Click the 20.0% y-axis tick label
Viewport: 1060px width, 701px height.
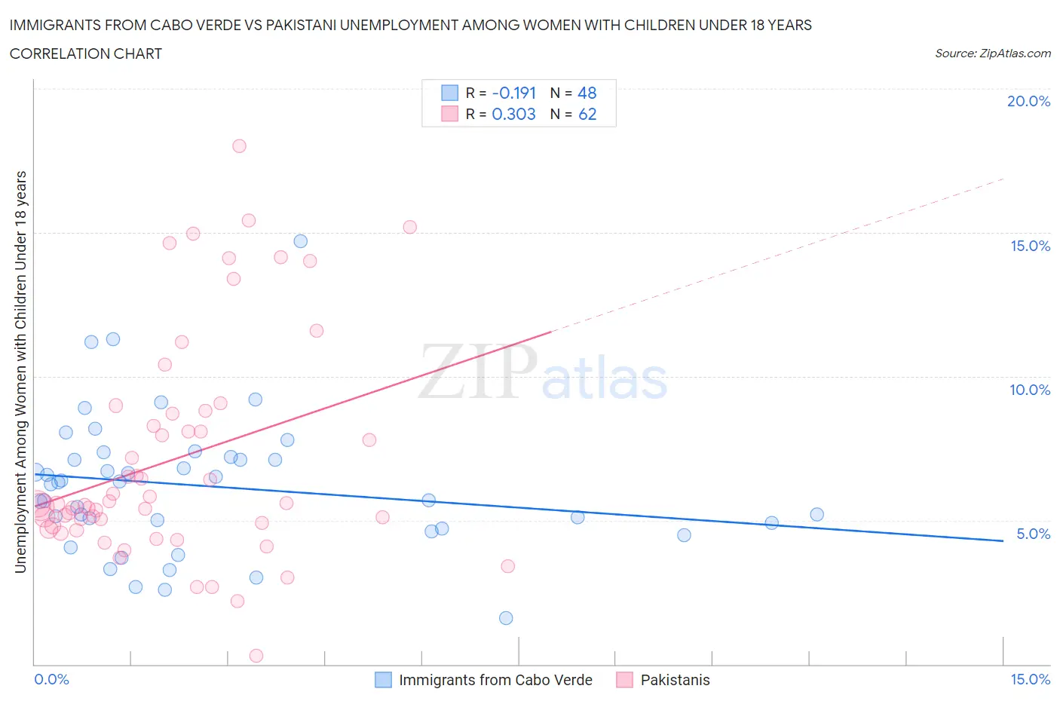1028,101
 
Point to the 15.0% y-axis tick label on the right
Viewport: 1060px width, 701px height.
1030,246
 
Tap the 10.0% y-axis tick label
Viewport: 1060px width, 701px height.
1030,390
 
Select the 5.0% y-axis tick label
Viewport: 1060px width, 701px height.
1033,534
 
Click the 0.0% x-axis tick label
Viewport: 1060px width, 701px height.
51,679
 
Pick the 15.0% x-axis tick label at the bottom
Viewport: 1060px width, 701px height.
1030,679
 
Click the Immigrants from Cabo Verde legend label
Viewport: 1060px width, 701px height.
495,680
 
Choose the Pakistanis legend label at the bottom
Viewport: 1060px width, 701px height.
675,680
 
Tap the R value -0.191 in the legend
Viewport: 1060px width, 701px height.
513,93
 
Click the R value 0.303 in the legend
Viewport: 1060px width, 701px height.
513,114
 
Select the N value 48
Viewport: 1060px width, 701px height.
587,93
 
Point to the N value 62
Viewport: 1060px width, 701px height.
587,114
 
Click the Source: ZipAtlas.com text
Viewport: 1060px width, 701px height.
992,54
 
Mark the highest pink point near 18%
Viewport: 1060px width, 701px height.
239,146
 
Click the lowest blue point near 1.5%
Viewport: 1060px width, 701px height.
506,618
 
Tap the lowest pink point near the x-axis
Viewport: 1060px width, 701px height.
256,656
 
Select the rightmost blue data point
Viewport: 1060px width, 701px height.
816,515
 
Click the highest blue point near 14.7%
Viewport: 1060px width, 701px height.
300,241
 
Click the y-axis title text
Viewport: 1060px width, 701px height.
21,372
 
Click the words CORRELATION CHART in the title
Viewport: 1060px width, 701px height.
86,54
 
